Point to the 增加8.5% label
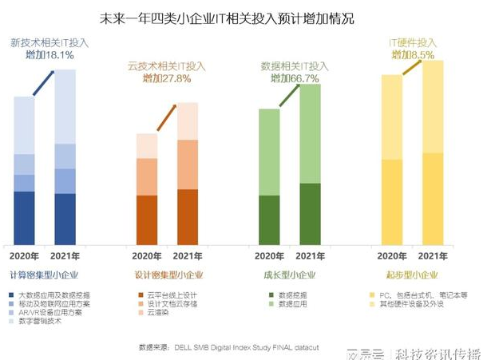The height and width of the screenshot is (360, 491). (413, 55)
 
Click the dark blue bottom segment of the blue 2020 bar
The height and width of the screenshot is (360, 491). (25, 218)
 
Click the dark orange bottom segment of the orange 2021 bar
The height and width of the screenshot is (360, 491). (188, 216)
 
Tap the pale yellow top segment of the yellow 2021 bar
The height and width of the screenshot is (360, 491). (432, 106)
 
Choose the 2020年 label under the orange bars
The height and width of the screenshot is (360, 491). (147, 256)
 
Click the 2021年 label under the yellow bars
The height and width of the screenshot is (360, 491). (432, 256)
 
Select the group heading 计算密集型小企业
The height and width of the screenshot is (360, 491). (47, 275)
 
